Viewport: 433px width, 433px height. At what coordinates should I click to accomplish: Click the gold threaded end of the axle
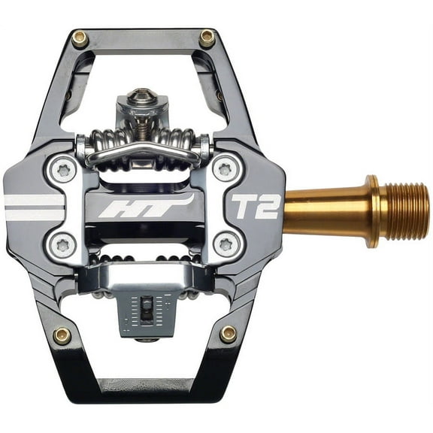pos(406,210)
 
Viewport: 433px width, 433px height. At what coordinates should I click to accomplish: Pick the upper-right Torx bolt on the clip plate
pos(225,168)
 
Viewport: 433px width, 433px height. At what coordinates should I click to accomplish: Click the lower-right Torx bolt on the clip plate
pos(225,243)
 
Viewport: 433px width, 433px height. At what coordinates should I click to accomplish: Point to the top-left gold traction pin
pos(79,38)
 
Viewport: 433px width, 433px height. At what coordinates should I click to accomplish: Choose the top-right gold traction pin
pos(207,37)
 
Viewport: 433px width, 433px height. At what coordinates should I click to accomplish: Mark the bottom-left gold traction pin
pos(62,335)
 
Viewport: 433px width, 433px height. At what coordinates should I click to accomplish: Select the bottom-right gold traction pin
pos(228,334)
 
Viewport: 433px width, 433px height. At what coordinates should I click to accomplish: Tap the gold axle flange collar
pos(371,211)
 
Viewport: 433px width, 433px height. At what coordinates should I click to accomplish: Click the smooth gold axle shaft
pos(327,211)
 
